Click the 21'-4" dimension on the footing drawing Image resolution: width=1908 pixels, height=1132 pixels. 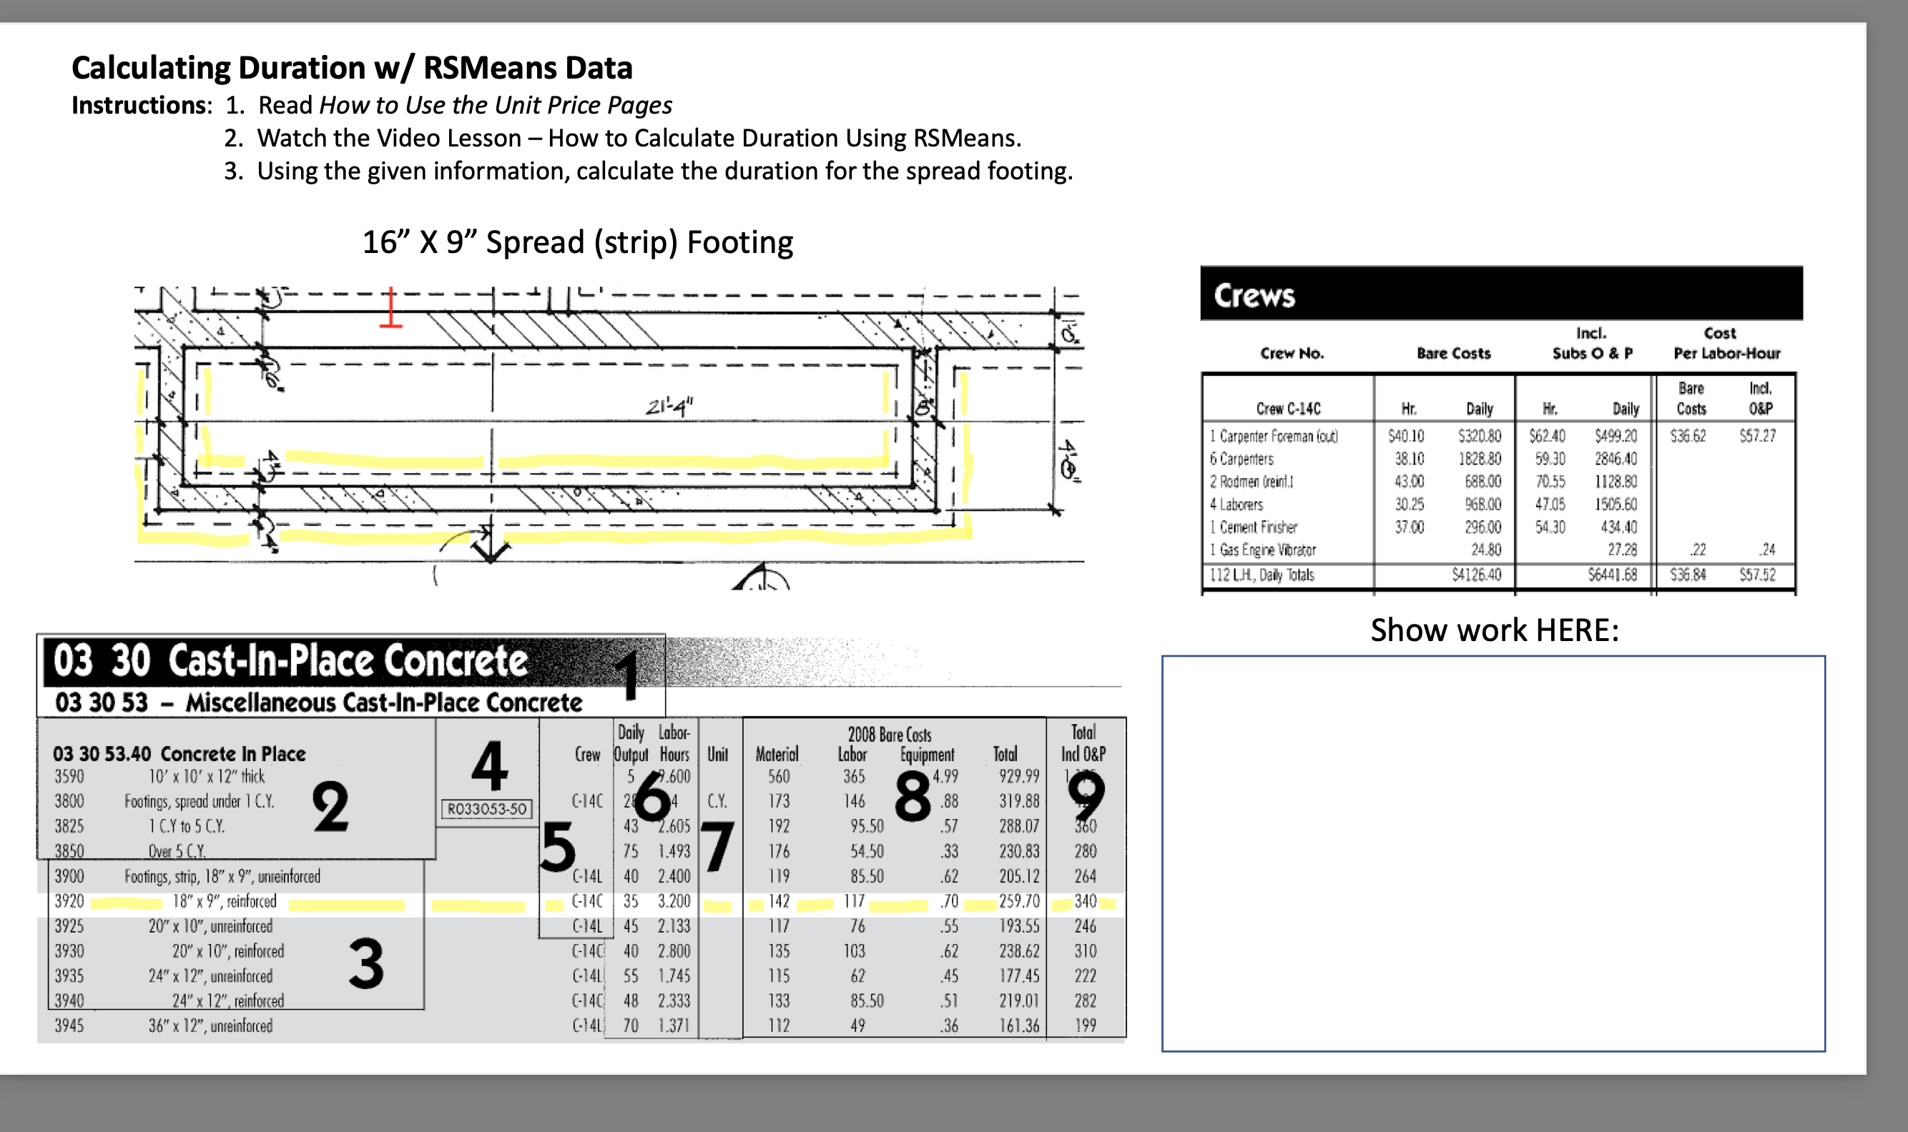coord(669,407)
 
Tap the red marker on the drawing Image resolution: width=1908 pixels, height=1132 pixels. coord(390,309)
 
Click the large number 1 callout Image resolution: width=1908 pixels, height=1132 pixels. coord(627,675)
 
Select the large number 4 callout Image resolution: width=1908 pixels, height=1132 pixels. coord(489,766)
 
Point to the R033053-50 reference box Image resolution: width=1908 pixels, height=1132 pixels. coord(487,808)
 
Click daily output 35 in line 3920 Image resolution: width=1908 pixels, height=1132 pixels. coord(631,901)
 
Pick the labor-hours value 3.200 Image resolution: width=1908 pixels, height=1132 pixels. coord(674,901)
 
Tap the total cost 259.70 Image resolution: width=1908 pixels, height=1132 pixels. coord(1019,901)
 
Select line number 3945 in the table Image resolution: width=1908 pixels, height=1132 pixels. coord(69,1026)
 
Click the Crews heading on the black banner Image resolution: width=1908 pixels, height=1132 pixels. coord(1254,296)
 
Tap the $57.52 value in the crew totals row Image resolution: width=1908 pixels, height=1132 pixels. coord(1757,575)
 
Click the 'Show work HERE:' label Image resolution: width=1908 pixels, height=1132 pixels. coord(1495,630)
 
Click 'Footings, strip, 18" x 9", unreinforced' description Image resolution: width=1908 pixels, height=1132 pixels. coord(222,876)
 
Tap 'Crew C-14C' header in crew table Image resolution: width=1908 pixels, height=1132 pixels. coord(1287,409)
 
